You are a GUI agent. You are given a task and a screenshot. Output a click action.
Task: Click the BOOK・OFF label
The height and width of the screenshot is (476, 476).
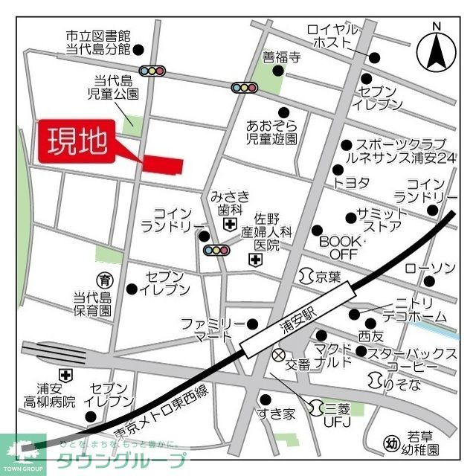338,248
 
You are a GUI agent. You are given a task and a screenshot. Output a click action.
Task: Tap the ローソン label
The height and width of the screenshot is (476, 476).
431,268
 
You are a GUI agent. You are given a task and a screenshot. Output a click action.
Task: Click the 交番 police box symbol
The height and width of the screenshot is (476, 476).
280,355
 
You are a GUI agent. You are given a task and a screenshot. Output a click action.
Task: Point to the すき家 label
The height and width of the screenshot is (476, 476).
277,414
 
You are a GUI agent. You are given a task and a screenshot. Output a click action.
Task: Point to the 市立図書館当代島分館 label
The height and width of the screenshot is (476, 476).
97,42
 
